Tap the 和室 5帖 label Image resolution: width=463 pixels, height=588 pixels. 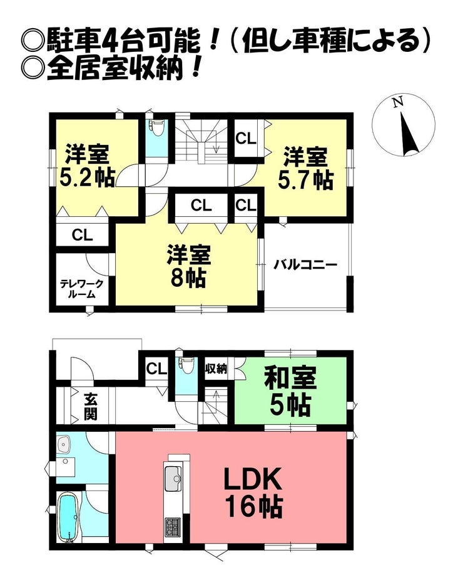290,392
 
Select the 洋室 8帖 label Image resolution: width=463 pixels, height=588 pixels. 188,266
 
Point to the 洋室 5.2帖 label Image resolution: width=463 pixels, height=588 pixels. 88,165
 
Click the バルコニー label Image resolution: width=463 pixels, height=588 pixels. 305,265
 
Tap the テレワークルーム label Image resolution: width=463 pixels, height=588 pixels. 82,289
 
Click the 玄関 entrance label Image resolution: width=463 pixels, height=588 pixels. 91,407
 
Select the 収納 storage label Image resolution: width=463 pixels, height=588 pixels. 216,369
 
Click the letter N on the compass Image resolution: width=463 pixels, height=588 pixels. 398,102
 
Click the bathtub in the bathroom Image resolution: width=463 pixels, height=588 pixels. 68,517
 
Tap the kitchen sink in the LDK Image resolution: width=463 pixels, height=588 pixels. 173,478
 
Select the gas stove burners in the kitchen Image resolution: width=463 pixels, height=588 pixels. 173,527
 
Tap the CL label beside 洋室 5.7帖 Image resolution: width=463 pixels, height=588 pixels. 246,139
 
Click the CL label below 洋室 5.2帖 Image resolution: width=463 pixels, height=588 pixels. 82,236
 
